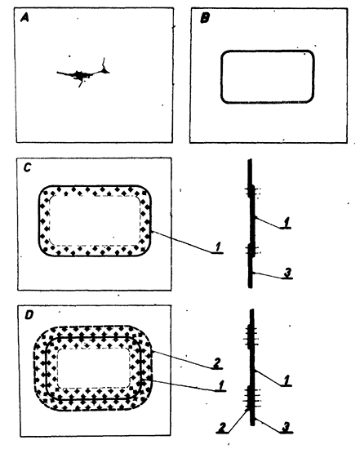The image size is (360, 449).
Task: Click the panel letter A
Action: click(24, 18)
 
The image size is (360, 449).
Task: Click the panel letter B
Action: click(204, 18)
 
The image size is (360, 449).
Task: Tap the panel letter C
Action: click(27, 167)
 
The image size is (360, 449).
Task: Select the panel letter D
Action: click(29, 315)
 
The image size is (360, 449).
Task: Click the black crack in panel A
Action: click(83, 73)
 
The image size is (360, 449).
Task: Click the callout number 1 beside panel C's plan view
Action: click(218, 247)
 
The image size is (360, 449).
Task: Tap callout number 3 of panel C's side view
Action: click(287, 273)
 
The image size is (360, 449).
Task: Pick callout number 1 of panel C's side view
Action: click(286, 222)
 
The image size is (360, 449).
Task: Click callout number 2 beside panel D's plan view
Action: click(216, 362)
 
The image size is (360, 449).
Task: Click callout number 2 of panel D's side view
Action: click(222, 427)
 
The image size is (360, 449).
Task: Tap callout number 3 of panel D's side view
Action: click(286, 427)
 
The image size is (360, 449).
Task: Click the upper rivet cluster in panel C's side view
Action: click(251, 191)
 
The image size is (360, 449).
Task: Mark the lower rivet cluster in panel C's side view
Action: click(251, 250)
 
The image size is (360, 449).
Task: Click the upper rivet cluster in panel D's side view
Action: click(251, 336)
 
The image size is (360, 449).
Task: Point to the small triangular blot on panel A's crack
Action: click(105, 69)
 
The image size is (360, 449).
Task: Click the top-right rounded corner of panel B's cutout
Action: click(310, 55)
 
